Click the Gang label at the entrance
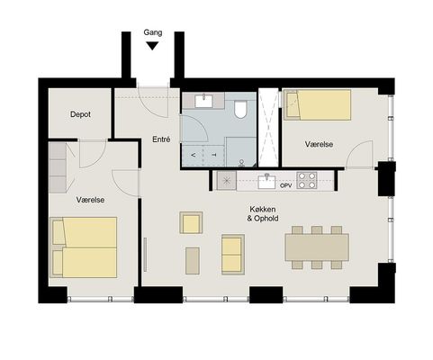153,32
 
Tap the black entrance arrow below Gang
152,46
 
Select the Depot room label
80,114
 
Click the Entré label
161,139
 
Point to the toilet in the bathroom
240,109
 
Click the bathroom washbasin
203,101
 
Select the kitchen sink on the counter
266,182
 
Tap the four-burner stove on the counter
307,180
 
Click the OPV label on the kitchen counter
285,185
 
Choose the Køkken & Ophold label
263,213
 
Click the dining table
317,247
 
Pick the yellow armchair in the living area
191,222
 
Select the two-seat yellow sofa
233,255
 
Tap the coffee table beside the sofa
193,261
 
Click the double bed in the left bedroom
84,247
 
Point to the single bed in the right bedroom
318,104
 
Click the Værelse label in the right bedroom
319,144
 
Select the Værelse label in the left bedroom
90,200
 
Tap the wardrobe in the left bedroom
58,167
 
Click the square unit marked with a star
227,181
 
